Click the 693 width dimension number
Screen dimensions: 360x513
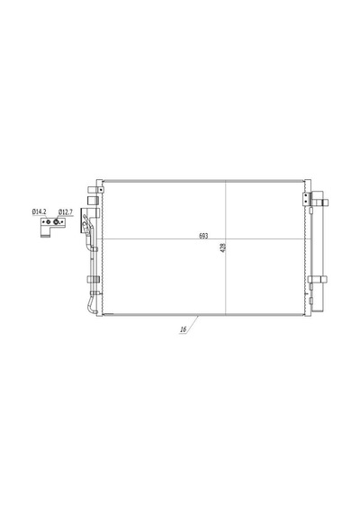coord(203,236)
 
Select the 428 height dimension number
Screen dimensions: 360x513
coord(224,248)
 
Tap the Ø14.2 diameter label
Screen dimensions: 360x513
coord(39,211)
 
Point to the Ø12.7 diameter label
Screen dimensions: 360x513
coord(66,212)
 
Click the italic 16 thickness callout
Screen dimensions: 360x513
coord(184,329)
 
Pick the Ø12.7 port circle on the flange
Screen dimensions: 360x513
coord(56,222)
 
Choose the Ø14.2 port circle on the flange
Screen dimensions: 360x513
coord(48,222)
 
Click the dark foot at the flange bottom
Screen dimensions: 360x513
coord(44,235)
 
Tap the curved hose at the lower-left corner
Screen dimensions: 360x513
coord(90,305)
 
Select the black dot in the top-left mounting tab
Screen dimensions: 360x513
coord(101,189)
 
